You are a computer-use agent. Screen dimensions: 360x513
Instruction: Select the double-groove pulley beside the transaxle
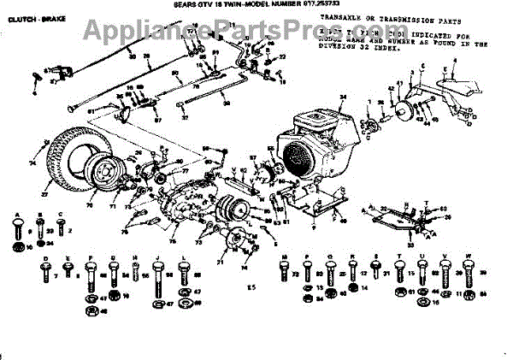click(x=230, y=210)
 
